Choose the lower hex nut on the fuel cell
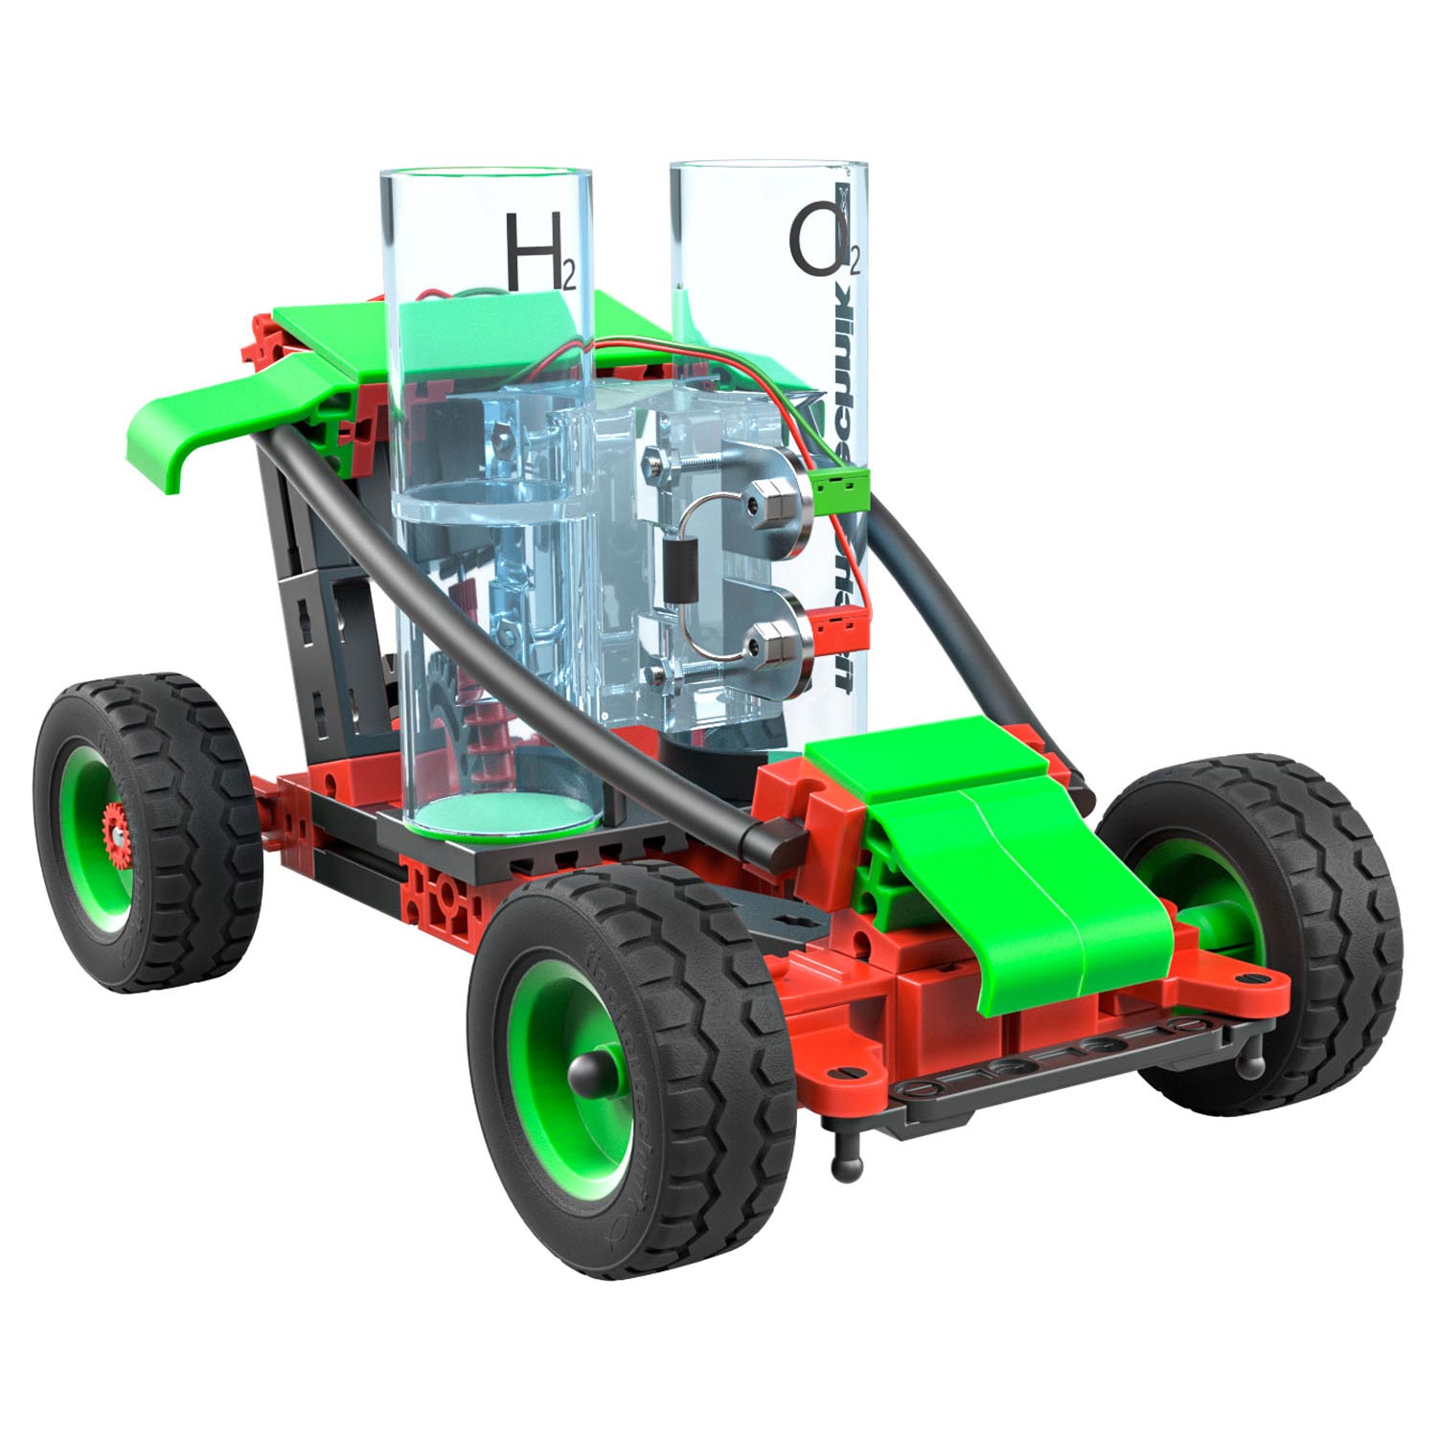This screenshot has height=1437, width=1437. click(x=766, y=640)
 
